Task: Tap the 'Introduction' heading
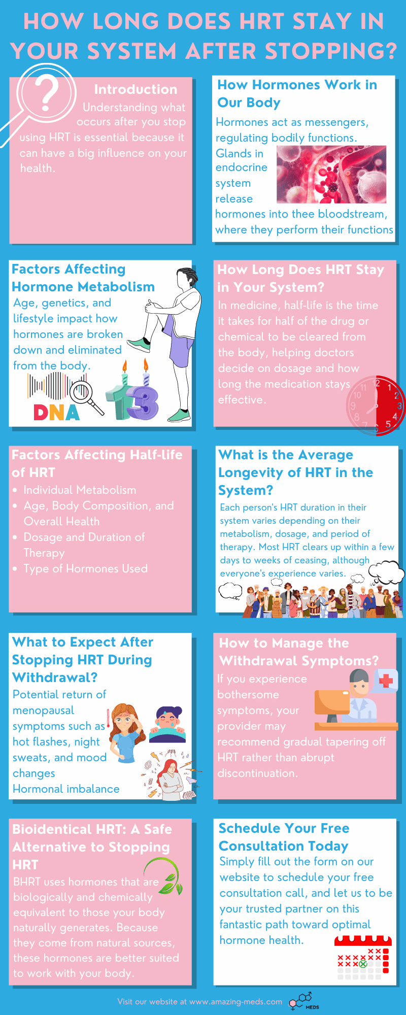(136, 89)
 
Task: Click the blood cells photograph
(331, 175)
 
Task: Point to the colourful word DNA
(57, 412)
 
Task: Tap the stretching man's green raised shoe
(139, 345)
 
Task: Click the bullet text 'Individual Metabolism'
(80, 490)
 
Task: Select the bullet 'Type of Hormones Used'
(85, 568)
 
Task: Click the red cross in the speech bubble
(386, 681)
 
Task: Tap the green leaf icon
(165, 875)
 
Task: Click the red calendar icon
(362, 957)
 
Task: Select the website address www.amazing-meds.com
(235, 1002)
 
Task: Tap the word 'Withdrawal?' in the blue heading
(55, 678)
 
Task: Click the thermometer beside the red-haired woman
(108, 719)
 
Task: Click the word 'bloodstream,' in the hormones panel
(350, 214)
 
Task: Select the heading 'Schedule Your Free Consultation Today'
(284, 837)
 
